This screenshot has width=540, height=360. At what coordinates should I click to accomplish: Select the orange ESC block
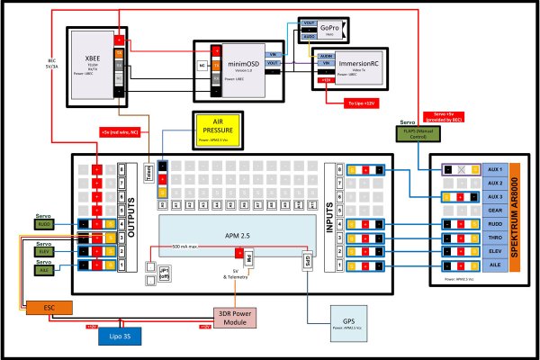tap(49, 307)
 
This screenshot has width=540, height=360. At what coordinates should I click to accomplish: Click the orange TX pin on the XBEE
tap(118, 53)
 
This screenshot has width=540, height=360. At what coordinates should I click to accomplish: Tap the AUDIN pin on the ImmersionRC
tap(325, 56)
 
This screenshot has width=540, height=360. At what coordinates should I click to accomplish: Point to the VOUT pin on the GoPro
tap(308, 27)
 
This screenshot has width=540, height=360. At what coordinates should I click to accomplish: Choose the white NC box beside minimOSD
tap(203, 65)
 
